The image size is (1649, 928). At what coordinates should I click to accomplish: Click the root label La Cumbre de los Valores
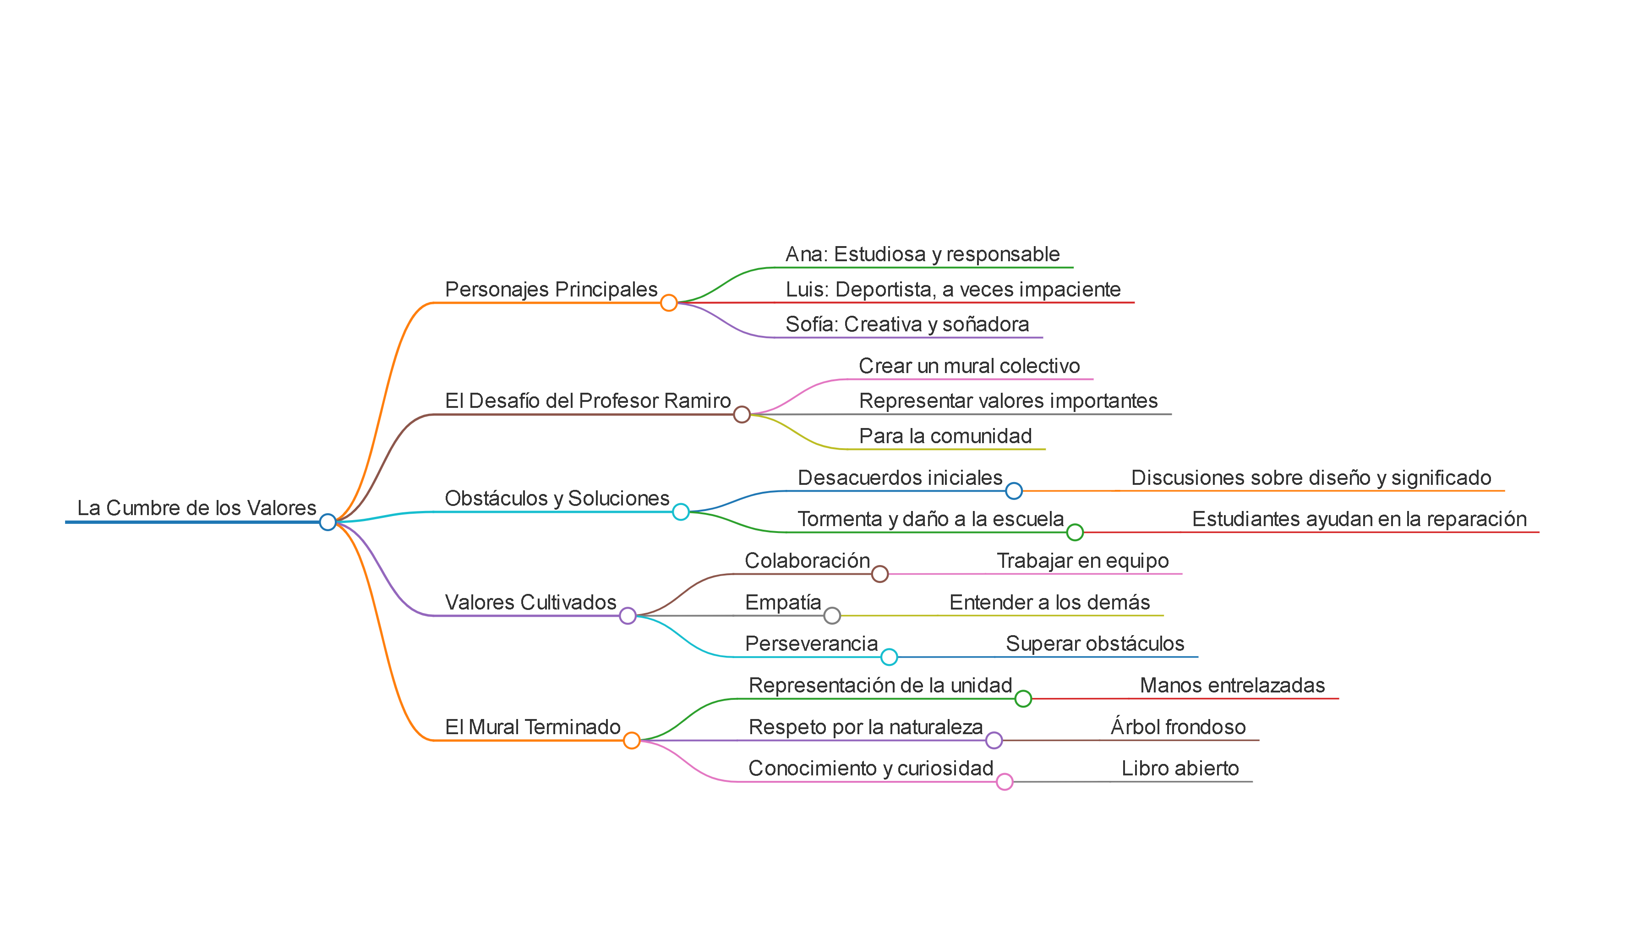(197, 508)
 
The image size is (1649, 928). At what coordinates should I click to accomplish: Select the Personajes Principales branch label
(551, 290)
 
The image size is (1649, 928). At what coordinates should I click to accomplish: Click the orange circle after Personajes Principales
(668, 303)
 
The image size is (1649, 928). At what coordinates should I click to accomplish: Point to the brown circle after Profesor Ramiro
(741, 414)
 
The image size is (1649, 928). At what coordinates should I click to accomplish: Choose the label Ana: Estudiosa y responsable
(923, 254)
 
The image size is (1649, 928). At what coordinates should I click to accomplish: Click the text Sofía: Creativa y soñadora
(907, 324)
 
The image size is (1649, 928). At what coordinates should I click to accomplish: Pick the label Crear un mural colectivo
(969, 366)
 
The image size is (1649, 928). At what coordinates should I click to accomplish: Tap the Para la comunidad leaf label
(945, 436)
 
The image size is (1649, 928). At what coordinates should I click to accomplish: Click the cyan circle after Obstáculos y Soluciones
(681, 512)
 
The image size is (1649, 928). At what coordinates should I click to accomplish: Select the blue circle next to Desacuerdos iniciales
(1013, 491)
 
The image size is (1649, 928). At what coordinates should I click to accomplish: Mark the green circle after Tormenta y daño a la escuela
(1075, 532)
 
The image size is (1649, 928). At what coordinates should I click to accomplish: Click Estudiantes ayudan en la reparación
(1359, 519)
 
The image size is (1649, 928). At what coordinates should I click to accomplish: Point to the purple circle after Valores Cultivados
(628, 615)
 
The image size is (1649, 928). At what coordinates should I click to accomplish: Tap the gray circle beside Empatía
(831, 615)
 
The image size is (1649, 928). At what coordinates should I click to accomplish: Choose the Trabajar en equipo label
(1082, 560)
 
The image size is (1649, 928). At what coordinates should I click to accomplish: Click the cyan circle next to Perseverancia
(889, 657)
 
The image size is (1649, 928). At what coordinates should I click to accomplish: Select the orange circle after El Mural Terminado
(631, 741)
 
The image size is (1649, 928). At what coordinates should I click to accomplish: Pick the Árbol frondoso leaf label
(1178, 727)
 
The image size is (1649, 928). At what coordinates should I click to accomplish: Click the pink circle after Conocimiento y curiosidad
(1005, 781)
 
